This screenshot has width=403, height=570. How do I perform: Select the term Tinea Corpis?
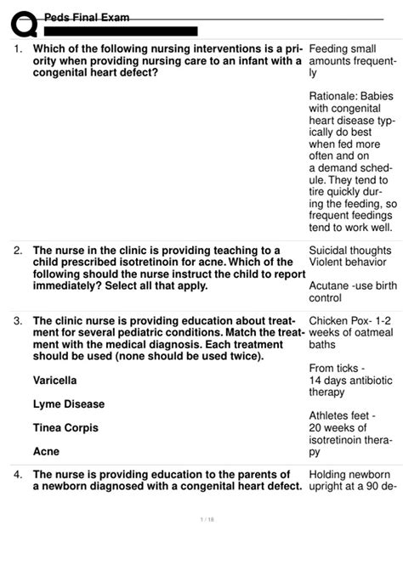pos(65,427)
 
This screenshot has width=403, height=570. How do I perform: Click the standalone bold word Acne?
pos(46,452)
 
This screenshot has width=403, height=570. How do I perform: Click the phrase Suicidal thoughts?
pos(349,251)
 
